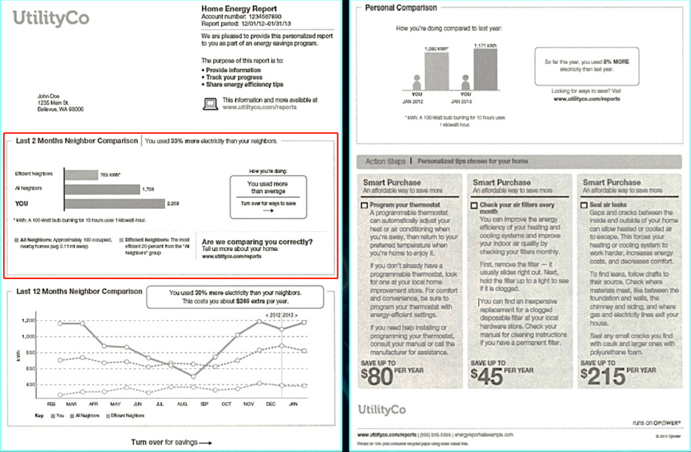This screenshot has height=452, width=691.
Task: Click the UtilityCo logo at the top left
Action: [x=51, y=19]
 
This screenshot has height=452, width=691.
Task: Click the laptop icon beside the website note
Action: [x=210, y=104]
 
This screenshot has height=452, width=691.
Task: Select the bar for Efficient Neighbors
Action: [x=80, y=174]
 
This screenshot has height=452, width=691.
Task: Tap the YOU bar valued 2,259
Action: [x=114, y=204]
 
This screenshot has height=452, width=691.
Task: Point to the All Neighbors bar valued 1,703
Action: [x=102, y=189]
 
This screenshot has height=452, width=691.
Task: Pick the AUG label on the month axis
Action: [x=182, y=404]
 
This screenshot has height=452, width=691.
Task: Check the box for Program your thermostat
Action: [x=365, y=206]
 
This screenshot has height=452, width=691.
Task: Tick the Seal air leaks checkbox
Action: [x=584, y=206]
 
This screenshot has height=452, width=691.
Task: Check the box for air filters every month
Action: [x=474, y=206]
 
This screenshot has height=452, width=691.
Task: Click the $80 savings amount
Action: [x=377, y=376]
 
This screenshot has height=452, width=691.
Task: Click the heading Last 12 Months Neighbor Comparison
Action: [x=79, y=291]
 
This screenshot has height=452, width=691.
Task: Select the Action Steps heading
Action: [x=385, y=161]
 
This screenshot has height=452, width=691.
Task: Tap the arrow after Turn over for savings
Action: [x=205, y=442]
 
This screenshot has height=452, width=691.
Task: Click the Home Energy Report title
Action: [x=231, y=8]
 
